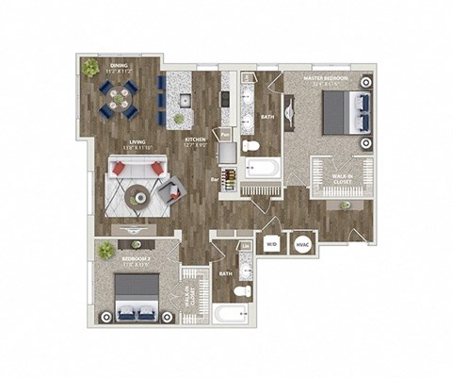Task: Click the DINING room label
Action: (x=118, y=67)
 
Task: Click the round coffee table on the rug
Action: (x=137, y=196)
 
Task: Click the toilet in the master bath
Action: (x=250, y=145)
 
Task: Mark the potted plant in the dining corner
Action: (x=90, y=69)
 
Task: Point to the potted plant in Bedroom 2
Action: (x=105, y=250)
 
